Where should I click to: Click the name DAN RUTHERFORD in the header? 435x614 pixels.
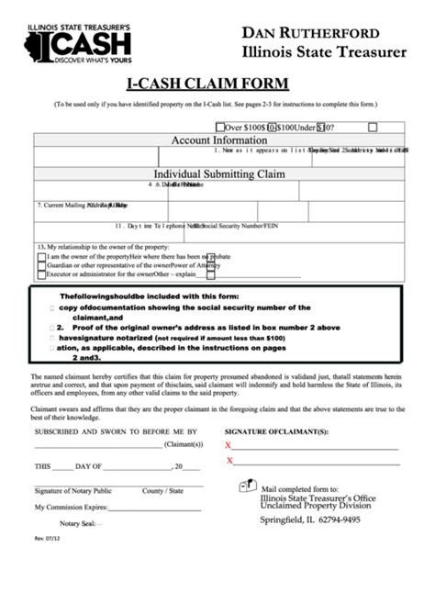coord(311,32)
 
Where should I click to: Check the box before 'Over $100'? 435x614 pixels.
coord(220,128)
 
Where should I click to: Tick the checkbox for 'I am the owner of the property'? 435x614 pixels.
coord(40,257)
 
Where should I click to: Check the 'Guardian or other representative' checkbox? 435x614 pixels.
coord(40,265)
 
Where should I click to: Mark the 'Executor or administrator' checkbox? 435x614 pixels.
coord(40,274)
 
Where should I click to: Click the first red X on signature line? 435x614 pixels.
coord(229,445)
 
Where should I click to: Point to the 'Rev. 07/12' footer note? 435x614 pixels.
coord(46,551)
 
